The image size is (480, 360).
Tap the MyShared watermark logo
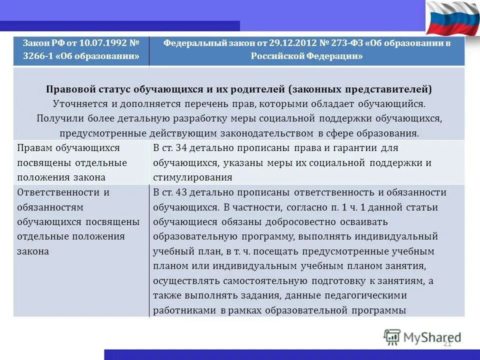tap(422, 337)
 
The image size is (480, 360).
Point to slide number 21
tap(447, 343)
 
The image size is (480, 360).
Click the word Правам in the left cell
tap(33, 148)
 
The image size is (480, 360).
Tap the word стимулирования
tap(193, 177)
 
